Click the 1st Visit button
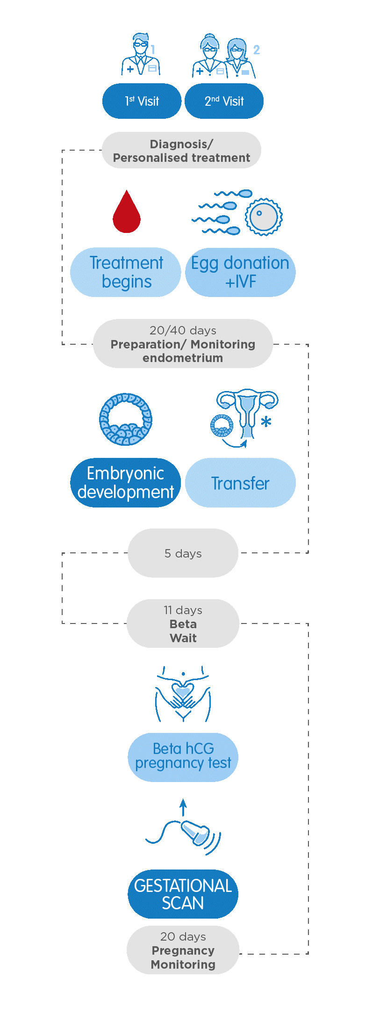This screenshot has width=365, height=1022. (x=142, y=101)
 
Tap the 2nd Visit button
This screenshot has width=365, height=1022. (x=224, y=101)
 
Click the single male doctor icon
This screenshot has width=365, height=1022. (x=140, y=55)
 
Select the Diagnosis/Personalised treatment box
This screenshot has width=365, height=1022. (x=181, y=151)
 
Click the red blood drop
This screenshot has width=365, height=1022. (x=127, y=213)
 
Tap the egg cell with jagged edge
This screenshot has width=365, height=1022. (x=264, y=217)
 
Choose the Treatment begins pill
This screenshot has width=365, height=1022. (x=126, y=272)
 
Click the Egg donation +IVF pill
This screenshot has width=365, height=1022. (x=240, y=272)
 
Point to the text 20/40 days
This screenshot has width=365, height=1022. (x=183, y=330)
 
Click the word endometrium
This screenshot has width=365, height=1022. (x=183, y=358)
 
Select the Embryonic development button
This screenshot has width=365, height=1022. (x=125, y=483)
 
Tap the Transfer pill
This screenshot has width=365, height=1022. (x=240, y=483)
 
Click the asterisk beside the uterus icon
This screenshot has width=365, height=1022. (x=266, y=422)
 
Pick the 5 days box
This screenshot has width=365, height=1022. (x=183, y=553)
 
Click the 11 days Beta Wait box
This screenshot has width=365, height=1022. (x=183, y=623)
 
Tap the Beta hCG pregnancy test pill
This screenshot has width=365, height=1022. (x=183, y=756)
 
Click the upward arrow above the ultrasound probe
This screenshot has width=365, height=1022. (x=183, y=807)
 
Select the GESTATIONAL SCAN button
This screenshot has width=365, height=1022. (x=183, y=894)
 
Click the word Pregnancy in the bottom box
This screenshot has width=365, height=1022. (x=183, y=950)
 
